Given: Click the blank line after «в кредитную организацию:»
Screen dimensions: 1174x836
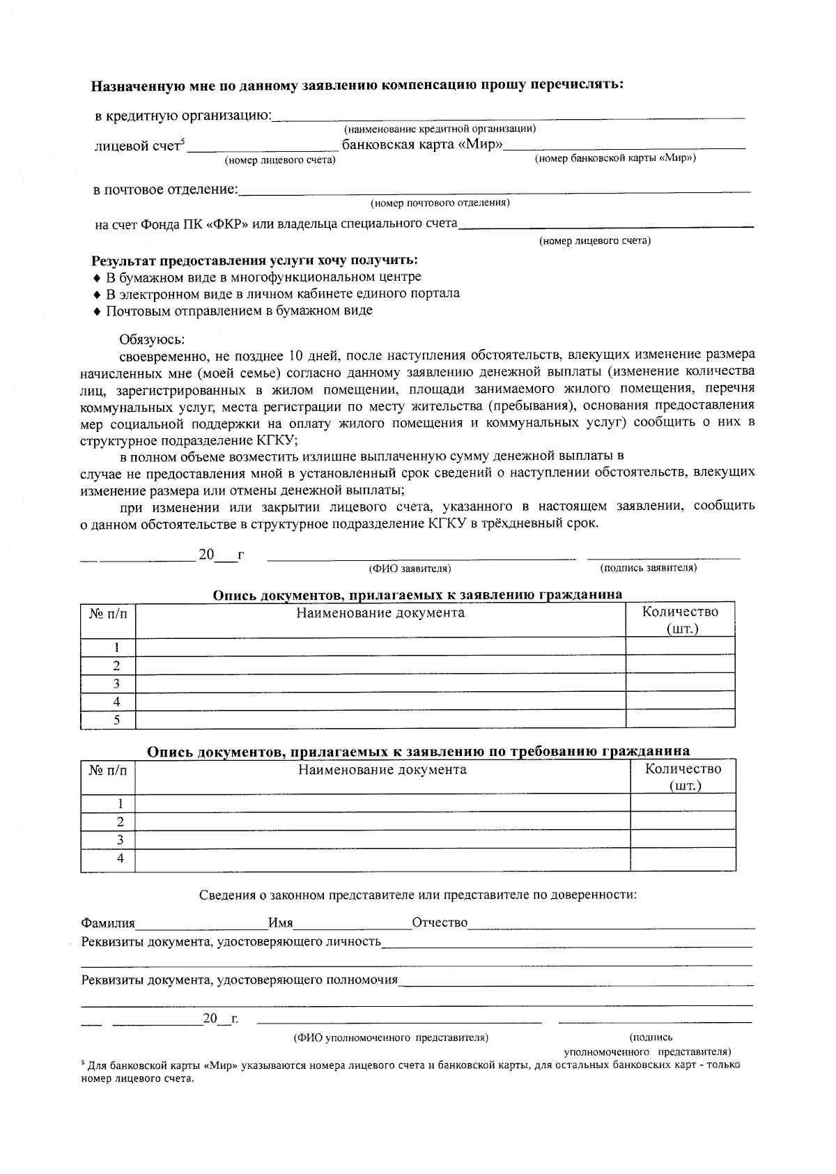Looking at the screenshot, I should pos(509,116).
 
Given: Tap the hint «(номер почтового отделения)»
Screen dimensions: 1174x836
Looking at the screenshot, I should pos(440,203).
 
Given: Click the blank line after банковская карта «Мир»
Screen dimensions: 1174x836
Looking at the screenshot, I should pos(625,147).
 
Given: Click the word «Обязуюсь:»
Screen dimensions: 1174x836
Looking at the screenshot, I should pos(152,339).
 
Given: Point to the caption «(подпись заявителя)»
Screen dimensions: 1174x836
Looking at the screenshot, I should pos(648,568).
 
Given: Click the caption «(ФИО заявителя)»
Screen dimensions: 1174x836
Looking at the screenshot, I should pos(410,569).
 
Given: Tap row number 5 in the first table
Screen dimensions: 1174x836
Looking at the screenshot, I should pos(117,720).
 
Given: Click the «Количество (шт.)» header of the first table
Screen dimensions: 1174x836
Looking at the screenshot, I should pos(680,619).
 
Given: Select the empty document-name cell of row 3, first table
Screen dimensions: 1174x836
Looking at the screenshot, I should pos(380,683).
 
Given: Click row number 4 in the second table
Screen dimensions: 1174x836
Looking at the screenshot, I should pos(121,858).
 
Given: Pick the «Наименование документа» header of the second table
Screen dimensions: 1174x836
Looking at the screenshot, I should pos(382,770).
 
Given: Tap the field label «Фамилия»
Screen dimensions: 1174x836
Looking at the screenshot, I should pos(108,923).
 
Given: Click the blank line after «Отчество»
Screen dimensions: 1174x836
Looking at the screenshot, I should pos(611,925).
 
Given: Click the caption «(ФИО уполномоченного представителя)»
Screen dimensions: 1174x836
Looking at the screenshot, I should pos(391,1037).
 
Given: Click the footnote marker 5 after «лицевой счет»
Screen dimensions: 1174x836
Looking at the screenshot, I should pos(183,143).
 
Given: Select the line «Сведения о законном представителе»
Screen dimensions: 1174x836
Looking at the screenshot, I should pos(417,894).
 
